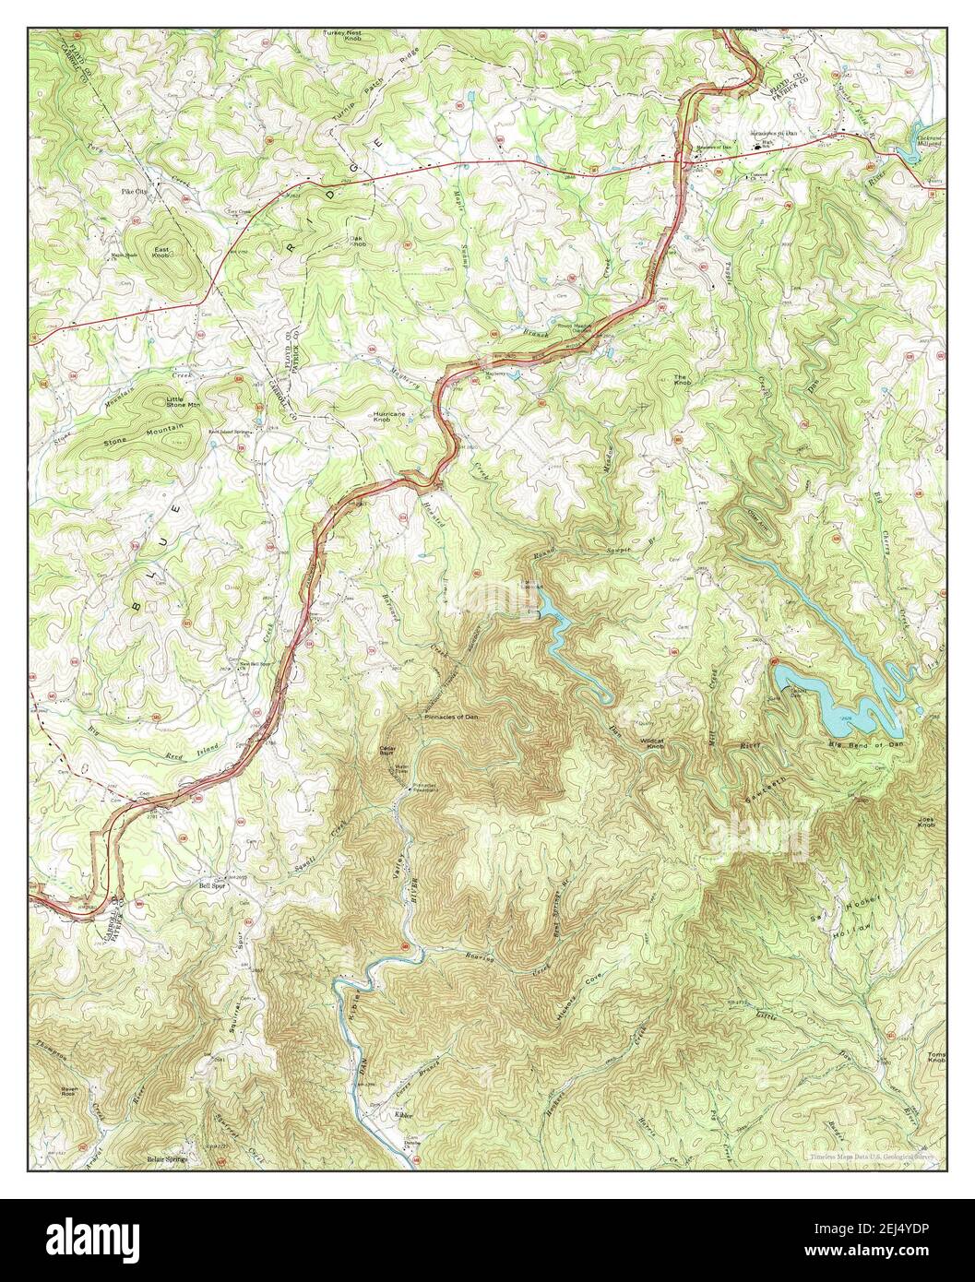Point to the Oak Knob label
coord(358,242)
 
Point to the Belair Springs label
coord(166,1159)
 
